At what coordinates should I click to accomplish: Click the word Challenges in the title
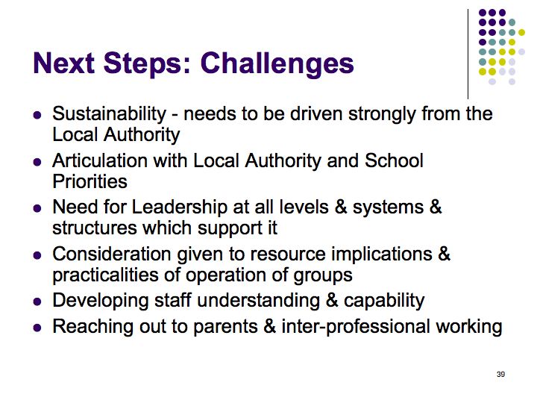pos(277,64)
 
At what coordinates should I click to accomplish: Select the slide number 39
pos(500,374)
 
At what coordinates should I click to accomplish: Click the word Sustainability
pos(109,115)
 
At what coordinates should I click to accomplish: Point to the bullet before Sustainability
pos(37,114)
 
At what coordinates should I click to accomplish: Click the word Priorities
pos(89,181)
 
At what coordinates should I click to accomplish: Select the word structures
pos(95,228)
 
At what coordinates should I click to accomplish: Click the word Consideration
pos(112,254)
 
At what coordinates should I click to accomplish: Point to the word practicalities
pos(106,276)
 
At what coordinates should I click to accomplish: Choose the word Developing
pos(101,302)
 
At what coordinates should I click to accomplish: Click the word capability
pos(384,302)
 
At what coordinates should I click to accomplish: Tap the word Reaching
pos(92,328)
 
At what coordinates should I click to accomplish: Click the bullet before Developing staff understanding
pos(37,302)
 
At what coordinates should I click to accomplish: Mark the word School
pos(394,160)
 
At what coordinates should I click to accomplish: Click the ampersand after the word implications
pos(444,254)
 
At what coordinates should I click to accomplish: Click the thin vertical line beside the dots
pos(468,54)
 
